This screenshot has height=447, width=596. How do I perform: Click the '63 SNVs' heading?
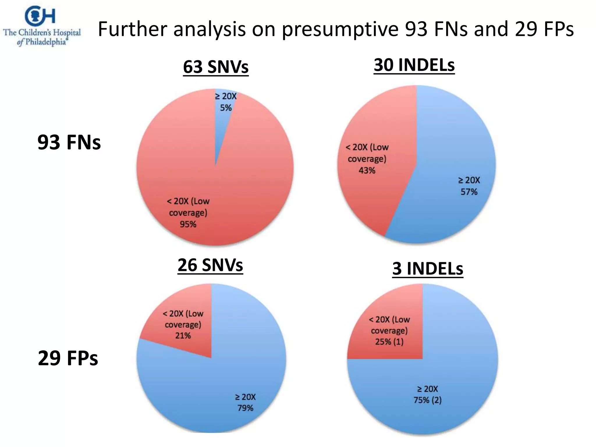pos(216,67)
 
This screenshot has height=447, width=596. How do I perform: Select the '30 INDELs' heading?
pos(414,65)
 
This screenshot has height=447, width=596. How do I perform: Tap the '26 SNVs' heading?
pos(210,265)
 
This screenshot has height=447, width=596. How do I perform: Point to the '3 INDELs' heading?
pos(428,269)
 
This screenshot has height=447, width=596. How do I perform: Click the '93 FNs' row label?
pos(69,142)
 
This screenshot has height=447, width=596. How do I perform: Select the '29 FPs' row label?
pos(68,358)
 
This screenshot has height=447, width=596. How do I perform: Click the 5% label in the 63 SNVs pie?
pos(226,108)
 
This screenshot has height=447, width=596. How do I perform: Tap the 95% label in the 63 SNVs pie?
pos(188,224)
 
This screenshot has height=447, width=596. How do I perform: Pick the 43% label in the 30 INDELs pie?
pos(367,171)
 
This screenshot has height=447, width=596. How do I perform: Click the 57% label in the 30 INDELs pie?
pos(469,192)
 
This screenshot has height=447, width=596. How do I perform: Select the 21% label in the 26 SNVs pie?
pos(183,336)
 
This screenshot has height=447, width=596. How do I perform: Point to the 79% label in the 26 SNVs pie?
pos(245,408)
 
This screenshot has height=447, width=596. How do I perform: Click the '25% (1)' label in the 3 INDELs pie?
pos(389,342)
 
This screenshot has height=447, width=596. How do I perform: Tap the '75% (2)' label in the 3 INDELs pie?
pos(428,400)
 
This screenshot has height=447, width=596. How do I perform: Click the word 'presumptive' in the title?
pos(340,29)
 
